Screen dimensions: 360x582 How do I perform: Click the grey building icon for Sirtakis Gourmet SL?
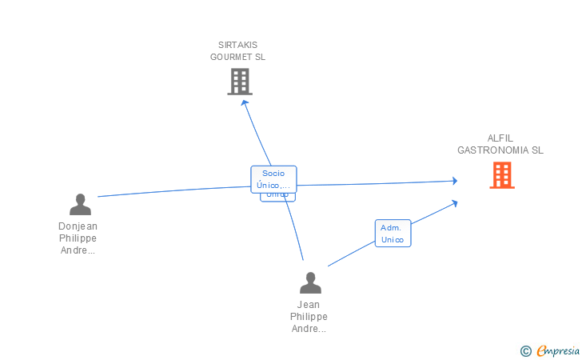click(x=240, y=82)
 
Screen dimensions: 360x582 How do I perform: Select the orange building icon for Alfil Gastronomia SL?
click(x=501, y=175)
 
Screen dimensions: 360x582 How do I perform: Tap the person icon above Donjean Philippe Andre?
click(x=80, y=205)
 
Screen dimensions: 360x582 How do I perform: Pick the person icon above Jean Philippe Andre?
click(x=309, y=282)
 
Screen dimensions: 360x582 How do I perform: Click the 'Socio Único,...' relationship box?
click(x=273, y=178)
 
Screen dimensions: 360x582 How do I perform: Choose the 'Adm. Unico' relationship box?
click(x=393, y=233)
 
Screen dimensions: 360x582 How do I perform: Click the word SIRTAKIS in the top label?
click(x=238, y=45)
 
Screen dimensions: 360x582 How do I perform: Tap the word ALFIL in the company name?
click(x=500, y=138)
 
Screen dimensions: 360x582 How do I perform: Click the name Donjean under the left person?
click(x=78, y=226)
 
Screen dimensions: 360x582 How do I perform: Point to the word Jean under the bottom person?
click(x=309, y=305)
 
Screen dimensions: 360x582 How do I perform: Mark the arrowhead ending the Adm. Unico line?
click(x=454, y=203)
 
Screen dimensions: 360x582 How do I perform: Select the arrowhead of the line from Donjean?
click(x=454, y=182)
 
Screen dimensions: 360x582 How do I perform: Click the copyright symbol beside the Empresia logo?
click(x=525, y=350)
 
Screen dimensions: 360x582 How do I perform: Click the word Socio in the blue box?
click(x=273, y=173)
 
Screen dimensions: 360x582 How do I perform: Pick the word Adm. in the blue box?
click(x=391, y=227)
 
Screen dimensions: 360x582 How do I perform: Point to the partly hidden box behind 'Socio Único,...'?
click(x=277, y=196)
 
